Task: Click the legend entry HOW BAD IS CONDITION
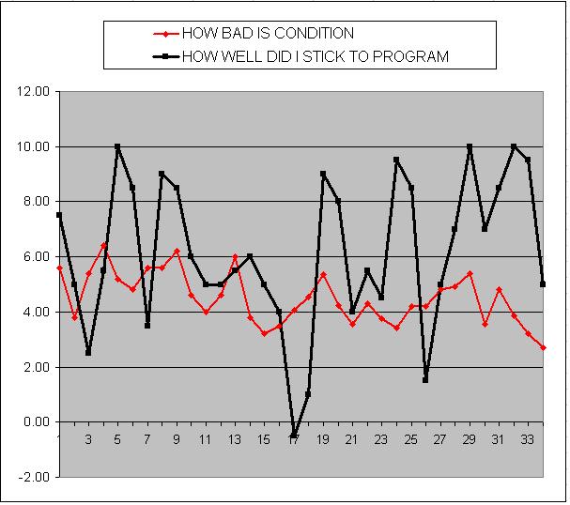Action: (x=267, y=34)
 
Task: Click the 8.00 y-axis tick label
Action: (x=36, y=202)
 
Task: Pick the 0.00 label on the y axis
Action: (x=36, y=422)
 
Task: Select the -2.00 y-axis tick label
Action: (x=35, y=478)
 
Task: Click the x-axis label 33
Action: (x=529, y=439)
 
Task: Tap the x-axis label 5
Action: (x=117, y=439)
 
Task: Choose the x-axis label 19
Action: (x=323, y=439)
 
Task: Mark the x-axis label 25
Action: (x=411, y=439)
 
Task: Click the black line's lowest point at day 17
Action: (x=294, y=436)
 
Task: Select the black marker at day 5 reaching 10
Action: (x=117, y=146)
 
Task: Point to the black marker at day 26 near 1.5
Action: (x=425, y=380)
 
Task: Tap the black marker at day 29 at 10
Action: (x=470, y=146)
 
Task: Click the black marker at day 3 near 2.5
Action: (x=88, y=353)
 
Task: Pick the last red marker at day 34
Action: (x=543, y=347)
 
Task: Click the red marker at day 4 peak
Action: (x=103, y=245)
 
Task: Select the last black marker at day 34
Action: (x=543, y=283)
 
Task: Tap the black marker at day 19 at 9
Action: (x=323, y=174)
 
